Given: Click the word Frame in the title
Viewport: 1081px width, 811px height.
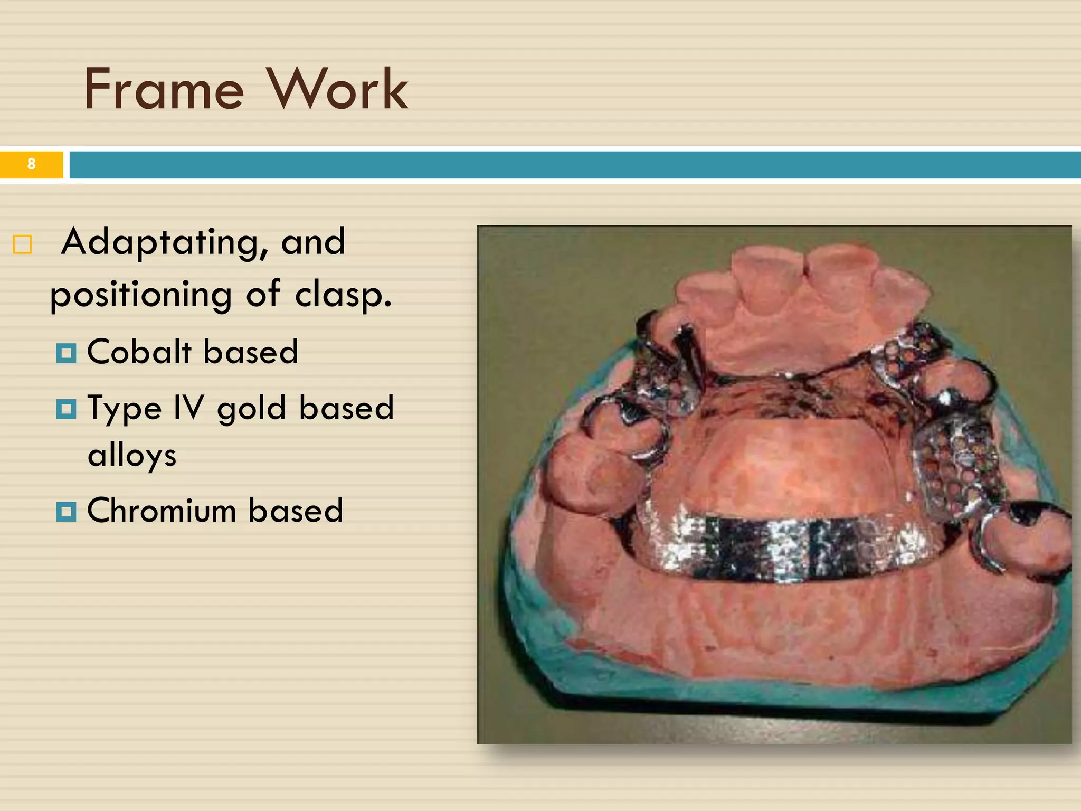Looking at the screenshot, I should [x=164, y=90].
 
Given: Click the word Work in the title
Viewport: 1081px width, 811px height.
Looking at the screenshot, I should [x=338, y=90].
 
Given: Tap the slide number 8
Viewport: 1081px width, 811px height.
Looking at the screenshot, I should [x=31, y=164].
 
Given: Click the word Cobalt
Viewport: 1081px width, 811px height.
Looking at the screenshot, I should [x=139, y=352].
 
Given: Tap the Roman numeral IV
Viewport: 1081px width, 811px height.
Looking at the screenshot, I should [x=188, y=408].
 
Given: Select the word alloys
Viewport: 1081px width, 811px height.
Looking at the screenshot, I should [x=132, y=455].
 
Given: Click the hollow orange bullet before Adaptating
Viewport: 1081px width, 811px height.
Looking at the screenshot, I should [x=23, y=244].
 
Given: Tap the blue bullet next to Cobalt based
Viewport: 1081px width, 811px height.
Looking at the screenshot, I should [x=67, y=353].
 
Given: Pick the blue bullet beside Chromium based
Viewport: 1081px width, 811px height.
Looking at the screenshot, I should [x=67, y=512].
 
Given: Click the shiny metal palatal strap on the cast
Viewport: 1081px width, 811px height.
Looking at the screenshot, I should [x=786, y=549].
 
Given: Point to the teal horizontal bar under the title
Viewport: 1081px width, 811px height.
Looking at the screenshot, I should [x=575, y=165].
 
